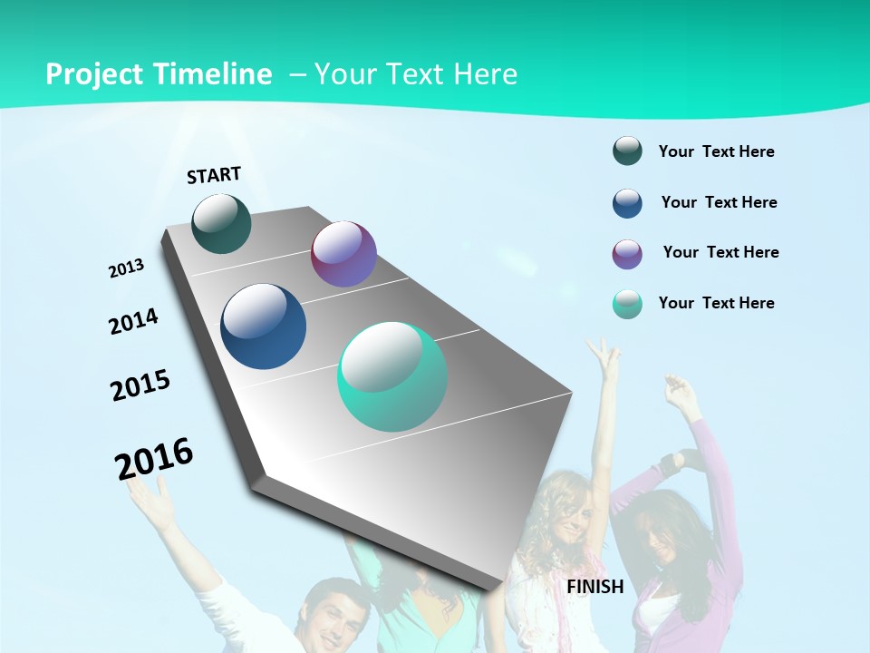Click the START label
(214, 175)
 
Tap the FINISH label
(595, 587)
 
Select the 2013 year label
(126, 268)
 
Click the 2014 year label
(133, 322)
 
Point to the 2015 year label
(140, 385)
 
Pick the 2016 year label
(154, 458)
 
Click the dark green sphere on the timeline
(221, 224)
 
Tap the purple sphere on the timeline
(343, 254)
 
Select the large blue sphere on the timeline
(263, 326)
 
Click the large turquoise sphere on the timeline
(392, 376)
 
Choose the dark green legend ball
(627, 151)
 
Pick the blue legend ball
(627, 203)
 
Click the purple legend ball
(627, 254)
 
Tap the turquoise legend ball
(627, 305)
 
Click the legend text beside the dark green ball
(716, 152)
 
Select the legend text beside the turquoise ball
(716, 303)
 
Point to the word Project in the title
(95, 75)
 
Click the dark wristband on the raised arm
(669, 464)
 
